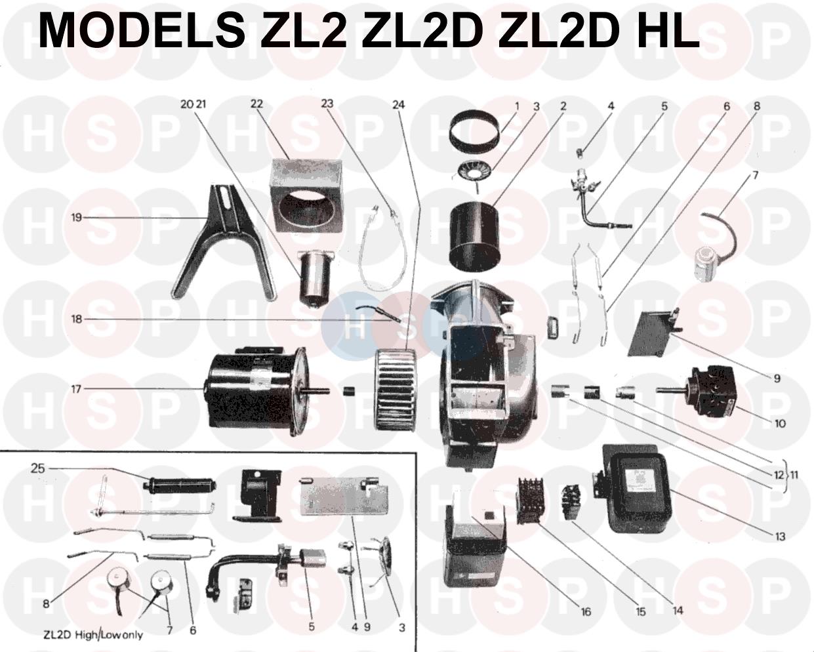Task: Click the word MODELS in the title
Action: click(x=142, y=31)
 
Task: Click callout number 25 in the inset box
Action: click(x=38, y=468)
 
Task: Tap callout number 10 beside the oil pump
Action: click(x=781, y=423)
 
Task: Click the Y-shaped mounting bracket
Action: click(x=223, y=242)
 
